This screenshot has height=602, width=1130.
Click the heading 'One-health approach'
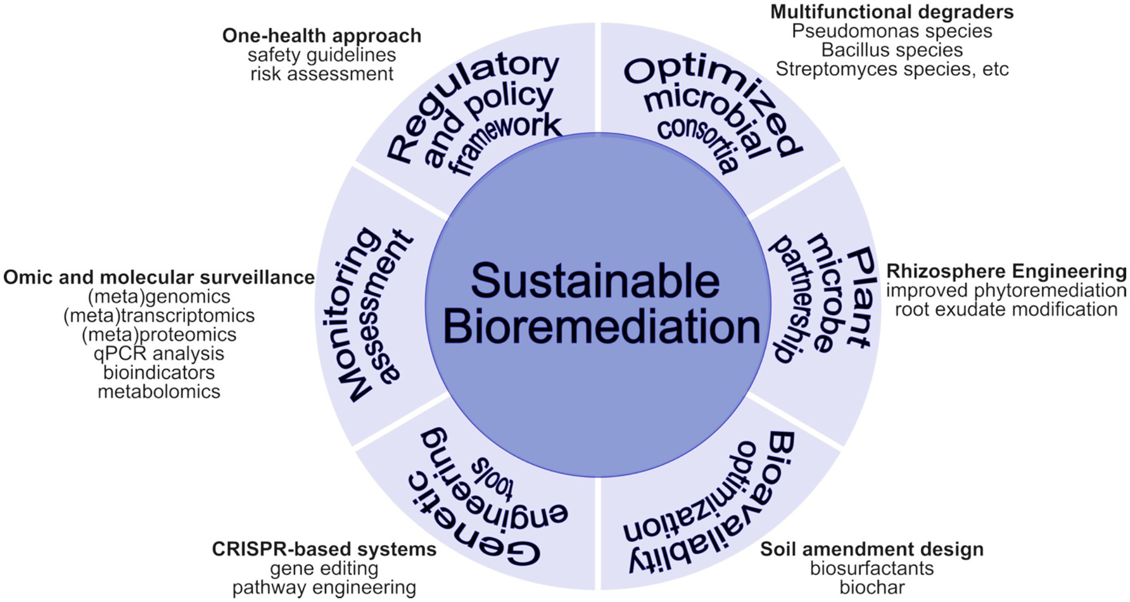click(x=321, y=35)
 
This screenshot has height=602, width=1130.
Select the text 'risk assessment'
click(x=321, y=74)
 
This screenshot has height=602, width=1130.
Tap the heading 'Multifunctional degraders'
click(x=891, y=11)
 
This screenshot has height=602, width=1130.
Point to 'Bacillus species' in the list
click(x=891, y=49)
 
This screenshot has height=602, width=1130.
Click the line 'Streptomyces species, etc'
click(x=891, y=68)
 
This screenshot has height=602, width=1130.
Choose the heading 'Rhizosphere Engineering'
click(x=1006, y=271)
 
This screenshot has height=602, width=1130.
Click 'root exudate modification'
click(x=1006, y=309)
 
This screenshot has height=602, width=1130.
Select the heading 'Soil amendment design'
click(x=872, y=549)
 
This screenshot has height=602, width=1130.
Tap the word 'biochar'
click(x=872, y=587)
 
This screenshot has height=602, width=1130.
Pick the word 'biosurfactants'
click(x=872, y=568)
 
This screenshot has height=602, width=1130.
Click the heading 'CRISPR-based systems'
click(x=324, y=549)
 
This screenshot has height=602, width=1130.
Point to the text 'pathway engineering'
click(x=324, y=587)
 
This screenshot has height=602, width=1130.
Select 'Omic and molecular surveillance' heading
click(x=158, y=278)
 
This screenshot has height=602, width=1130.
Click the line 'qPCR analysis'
click(x=158, y=353)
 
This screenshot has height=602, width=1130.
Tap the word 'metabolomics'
click(x=158, y=391)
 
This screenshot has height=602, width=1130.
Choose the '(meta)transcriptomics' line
click(x=158, y=315)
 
